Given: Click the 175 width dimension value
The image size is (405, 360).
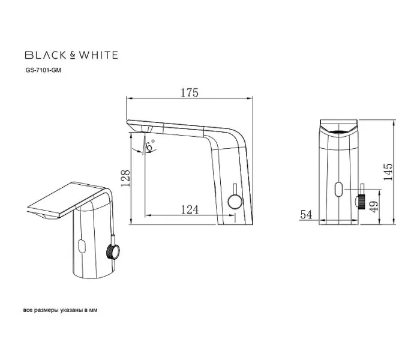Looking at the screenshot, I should click(190, 93).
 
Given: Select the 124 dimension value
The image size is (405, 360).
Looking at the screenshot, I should click(189, 209).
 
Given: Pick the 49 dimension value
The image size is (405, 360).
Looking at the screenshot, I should click(374, 206).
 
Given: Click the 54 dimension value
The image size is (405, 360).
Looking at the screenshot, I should click(305, 214).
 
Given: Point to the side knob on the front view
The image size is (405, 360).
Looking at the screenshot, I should click(362, 201).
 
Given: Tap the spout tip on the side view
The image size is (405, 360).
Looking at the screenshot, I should click(132, 126).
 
